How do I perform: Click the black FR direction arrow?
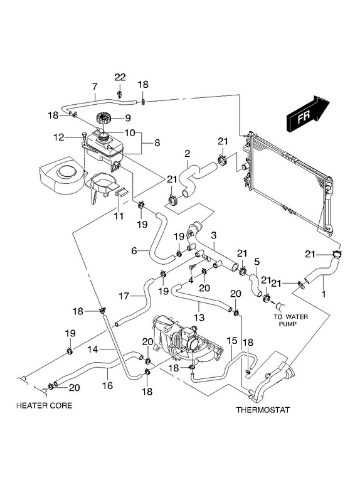click(309, 114)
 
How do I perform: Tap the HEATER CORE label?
click(44, 405)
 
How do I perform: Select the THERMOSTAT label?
click(263, 410)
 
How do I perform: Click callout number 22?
click(120, 77)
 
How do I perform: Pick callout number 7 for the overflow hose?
click(95, 87)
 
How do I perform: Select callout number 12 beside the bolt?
click(59, 137)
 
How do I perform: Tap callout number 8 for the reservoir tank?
click(157, 142)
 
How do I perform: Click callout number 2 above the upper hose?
click(187, 153)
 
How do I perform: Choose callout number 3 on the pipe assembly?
click(214, 235)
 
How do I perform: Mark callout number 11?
click(119, 216)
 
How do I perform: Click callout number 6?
click(134, 250)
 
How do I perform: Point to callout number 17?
click(124, 296)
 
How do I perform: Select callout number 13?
click(199, 318)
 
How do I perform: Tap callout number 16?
click(107, 385)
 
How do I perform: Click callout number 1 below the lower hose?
click(323, 294)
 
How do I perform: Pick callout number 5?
click(257, 262)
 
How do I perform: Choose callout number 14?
click(93, 349)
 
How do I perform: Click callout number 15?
click(231, 340)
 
